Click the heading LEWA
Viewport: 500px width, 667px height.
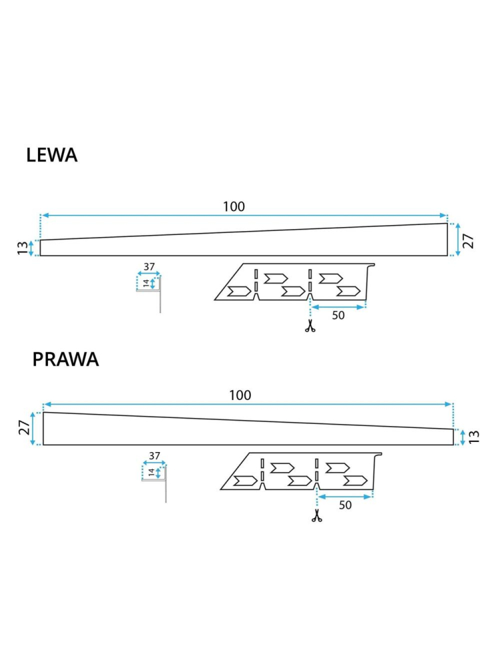52,155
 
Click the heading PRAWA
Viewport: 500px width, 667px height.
65,359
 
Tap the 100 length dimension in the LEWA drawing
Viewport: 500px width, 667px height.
234,206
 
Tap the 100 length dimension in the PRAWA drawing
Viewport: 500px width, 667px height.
240,395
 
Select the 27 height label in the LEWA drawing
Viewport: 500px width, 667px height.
469,240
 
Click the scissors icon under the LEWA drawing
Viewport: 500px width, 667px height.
309,326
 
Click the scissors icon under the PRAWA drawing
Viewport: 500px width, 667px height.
316,515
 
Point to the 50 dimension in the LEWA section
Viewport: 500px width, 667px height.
338,316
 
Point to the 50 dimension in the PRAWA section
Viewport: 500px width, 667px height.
345,505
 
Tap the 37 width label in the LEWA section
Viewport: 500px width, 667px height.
149,266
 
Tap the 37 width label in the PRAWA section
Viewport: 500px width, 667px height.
155,455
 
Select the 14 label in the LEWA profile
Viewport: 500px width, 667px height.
146,283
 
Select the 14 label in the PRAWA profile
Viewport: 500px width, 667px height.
152,472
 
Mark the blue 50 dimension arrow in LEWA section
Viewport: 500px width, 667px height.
338,307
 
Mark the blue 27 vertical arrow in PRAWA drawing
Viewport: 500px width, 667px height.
32,428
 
